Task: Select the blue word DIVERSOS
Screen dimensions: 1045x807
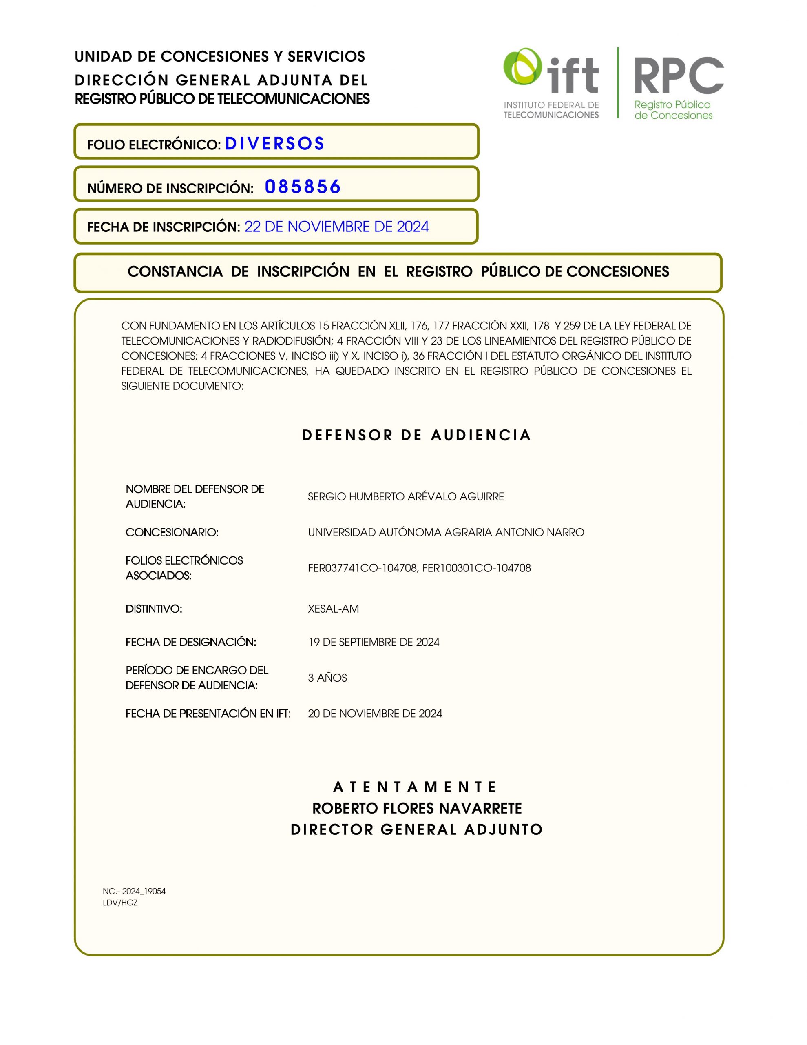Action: [x=274, y=144]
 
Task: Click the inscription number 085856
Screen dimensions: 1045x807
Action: [x=303, y=187]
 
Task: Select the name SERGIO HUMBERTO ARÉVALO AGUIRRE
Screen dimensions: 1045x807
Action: [x=405, y=497]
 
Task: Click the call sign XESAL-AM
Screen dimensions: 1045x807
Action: [x=333, y=609]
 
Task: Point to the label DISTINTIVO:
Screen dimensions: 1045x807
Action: [x=154, y=609]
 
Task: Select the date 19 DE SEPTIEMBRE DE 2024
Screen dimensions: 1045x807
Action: [x=374, y=642]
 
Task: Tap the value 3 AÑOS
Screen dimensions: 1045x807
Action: [x=327, y=678]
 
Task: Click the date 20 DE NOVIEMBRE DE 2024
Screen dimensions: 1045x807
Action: [x=375, y=714]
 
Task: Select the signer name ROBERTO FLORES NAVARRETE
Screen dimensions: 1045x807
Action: [x=417, y=808]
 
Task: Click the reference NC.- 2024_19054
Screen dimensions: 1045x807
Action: [x=134, y=891]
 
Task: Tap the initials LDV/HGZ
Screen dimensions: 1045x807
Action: [x=120, y=903]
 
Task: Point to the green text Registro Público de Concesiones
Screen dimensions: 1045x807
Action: [x=673, y=110]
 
